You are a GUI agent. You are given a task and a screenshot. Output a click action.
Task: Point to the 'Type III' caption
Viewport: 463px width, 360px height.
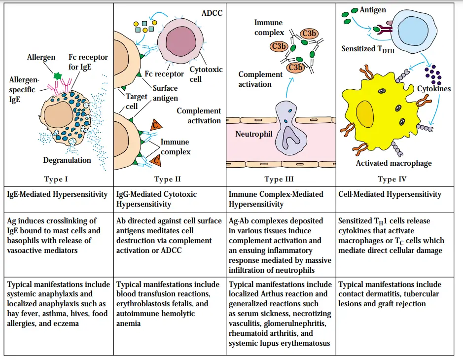279,179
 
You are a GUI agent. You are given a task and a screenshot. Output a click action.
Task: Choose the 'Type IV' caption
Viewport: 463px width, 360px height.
393,179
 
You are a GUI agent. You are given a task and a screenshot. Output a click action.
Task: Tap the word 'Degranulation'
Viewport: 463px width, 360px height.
67,160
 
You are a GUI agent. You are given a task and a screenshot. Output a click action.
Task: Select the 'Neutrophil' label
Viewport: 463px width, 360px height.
254,134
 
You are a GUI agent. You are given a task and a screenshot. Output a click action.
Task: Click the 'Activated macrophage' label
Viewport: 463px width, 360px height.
393,163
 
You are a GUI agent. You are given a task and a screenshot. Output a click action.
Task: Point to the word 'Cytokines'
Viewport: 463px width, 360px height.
434,89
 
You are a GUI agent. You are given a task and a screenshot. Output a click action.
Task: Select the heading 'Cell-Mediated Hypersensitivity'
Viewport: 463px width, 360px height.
390,194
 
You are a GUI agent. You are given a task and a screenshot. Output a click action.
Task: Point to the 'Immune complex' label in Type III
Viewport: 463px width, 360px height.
269,28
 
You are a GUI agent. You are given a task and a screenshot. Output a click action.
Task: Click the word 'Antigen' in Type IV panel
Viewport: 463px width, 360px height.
373,9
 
